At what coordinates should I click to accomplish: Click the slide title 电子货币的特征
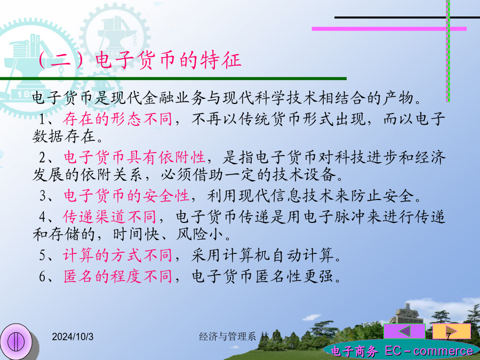[x=169, y=60]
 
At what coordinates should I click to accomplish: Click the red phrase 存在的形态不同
[x=117, y=119]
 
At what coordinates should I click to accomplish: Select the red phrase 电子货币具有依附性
[x=134, y=157]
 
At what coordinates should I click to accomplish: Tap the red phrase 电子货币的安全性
[x=126, y=196]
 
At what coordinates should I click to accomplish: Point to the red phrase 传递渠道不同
[x=109, y=217]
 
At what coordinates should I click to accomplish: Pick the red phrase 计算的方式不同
[x=117, y=255]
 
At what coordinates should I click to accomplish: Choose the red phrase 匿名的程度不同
[x=117, y=276]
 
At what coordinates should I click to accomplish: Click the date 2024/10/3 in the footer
[x=73, y=337]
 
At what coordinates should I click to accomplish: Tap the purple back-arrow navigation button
[x=404, y=331]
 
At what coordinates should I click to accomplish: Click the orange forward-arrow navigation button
[x=452, y=331]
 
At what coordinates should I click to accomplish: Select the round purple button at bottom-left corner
[x=17, y=341]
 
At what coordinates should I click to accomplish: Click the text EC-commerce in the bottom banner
[x=429, y=351]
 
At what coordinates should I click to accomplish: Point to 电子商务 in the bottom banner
[x=354, y=351]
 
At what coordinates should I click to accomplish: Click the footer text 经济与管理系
[x=227, y=337]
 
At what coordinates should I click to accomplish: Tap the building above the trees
[x=407, y=314]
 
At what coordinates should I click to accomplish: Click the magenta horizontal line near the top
[x=389, y=29]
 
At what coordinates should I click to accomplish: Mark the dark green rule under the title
[x=173, y=79]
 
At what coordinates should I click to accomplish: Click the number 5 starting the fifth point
[x=43, y=255]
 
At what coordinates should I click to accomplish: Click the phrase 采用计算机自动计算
[x=262, y=255]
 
